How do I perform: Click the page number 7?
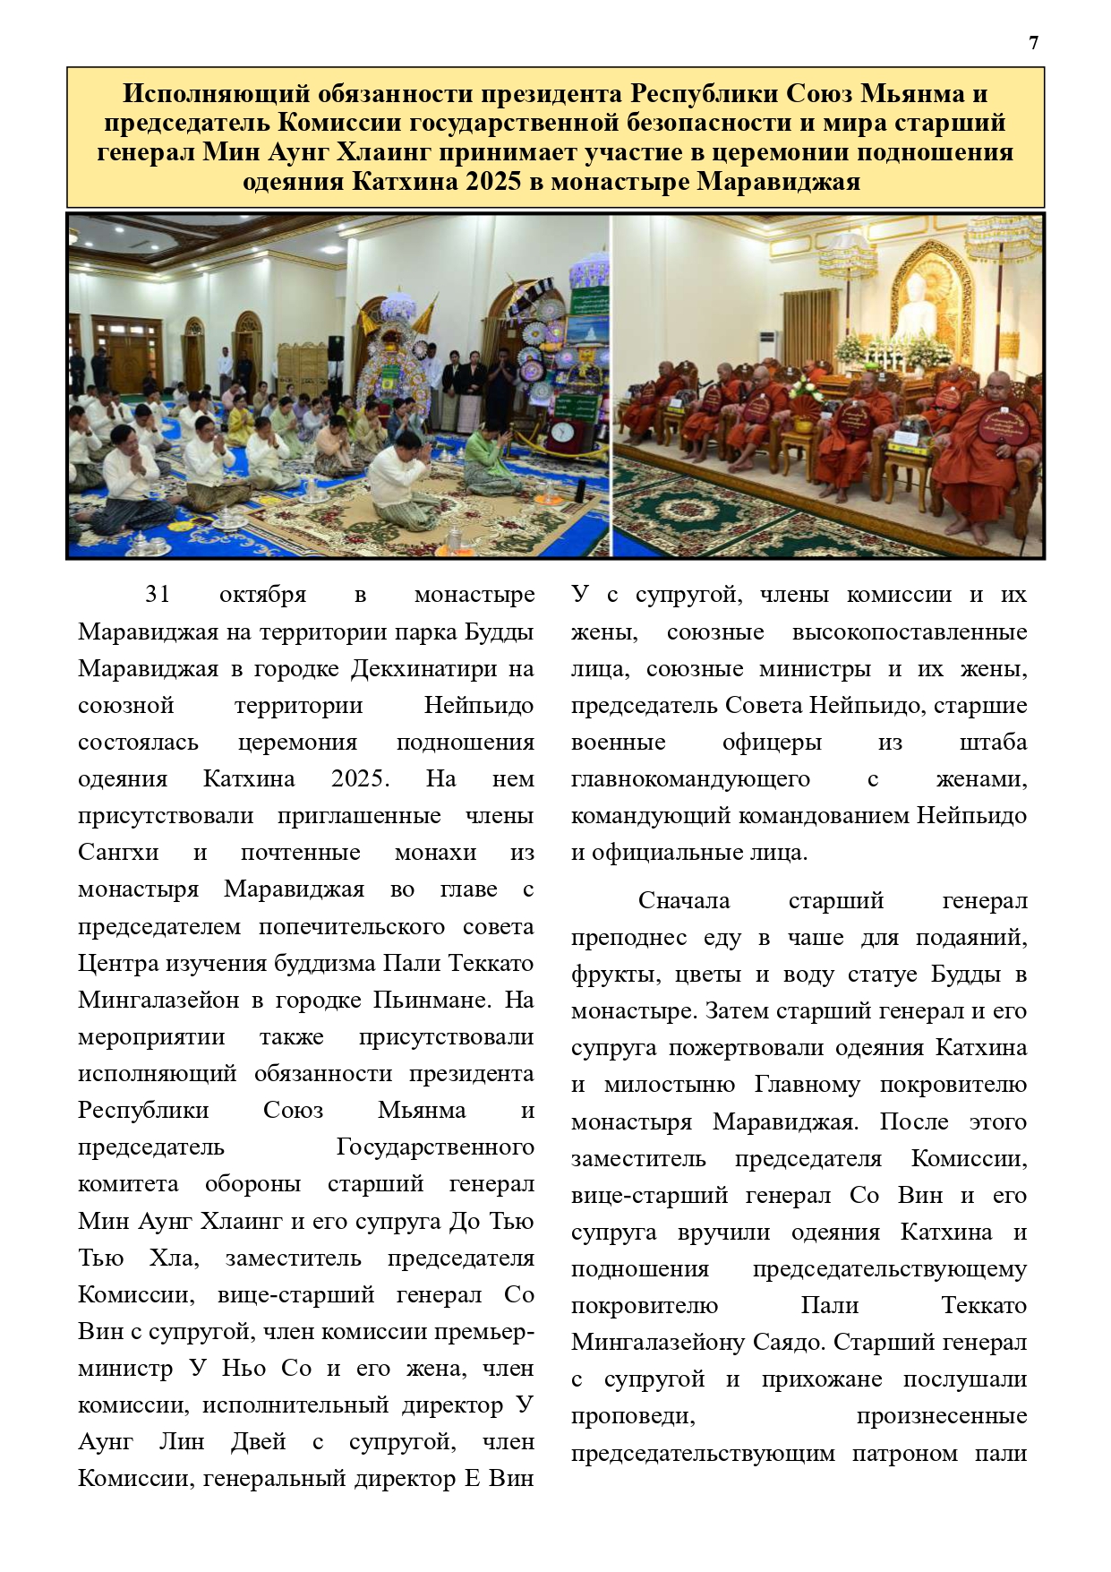point(1034,43)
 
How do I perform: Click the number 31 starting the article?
point(158,595)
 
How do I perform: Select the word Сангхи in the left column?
point(118,853)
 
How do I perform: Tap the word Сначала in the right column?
point(684,901)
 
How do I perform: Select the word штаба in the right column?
point(993,743)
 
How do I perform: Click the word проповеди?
point(633,1416)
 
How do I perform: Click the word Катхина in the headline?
point(406,182)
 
